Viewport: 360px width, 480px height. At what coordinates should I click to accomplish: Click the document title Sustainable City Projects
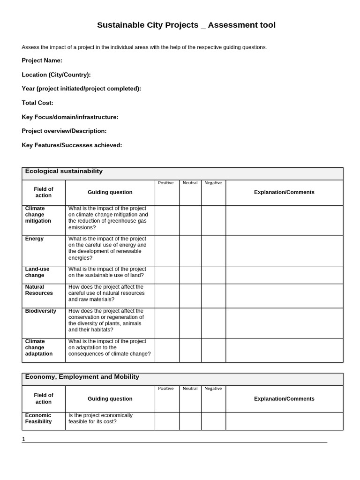tap(186, 25)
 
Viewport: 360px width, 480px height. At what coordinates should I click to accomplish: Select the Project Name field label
tap(42, 60)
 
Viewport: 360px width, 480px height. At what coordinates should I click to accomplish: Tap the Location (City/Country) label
tap(56, 75)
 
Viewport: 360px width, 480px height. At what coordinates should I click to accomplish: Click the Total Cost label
tap(37, 103)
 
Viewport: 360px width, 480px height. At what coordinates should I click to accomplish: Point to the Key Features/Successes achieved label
tap(72, 145)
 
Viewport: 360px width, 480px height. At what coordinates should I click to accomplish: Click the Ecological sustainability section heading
tap(64, 172)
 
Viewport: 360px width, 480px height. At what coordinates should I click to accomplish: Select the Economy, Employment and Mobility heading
tap(82, 377)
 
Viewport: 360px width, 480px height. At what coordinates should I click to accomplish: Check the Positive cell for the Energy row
tap(167, 251)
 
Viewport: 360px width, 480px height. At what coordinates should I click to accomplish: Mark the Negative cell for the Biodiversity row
tap(213, 323)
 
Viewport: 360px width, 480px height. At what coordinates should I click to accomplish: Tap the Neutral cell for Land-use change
tap(190, 275)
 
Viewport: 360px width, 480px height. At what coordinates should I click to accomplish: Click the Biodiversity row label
tap(40, 311)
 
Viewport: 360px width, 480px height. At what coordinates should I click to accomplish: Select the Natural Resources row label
tap(39, 290)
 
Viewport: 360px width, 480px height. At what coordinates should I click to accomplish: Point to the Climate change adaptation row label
tap(39, 347)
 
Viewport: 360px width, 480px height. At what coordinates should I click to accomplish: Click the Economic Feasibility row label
tap(38, 418)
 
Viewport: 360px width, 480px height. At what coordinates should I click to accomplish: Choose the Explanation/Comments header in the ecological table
tap(284, 192)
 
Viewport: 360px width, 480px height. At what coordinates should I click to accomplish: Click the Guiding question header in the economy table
tap(110, 399)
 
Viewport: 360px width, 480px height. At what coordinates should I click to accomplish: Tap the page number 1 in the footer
tap(23, 439)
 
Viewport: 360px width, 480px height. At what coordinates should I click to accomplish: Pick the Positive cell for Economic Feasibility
tap(167, 421)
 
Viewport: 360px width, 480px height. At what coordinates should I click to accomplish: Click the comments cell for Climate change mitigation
tap(284, 220)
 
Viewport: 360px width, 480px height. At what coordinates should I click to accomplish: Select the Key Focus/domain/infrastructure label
tap(70, 117)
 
